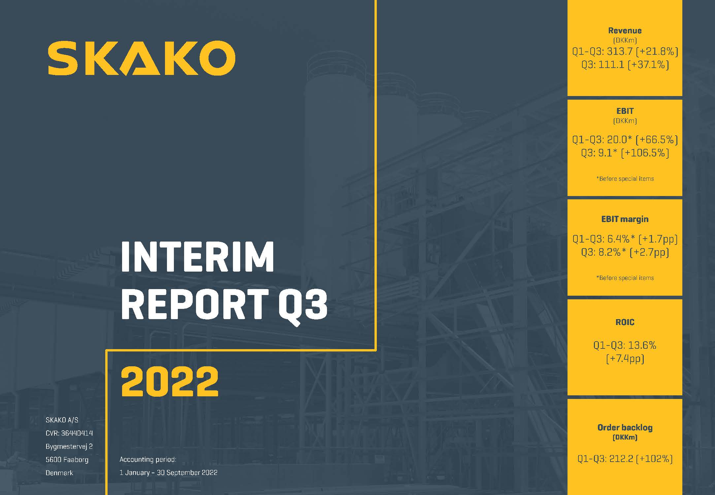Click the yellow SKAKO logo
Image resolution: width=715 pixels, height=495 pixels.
pos(141,58)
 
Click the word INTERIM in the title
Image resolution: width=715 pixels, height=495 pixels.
pos(197,256)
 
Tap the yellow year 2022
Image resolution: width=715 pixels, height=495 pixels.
pos(170,381)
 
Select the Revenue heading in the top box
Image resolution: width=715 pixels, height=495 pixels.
pos(625,31)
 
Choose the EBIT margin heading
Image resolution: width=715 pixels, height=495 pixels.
pos(625,219)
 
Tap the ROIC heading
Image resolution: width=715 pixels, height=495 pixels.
pos(625,322)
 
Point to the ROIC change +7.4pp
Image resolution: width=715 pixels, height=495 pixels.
pos(625,359)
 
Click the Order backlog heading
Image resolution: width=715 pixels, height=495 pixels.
pos(625,428)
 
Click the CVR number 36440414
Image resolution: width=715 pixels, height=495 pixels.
pos(77,433)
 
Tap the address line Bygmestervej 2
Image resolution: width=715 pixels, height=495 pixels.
pos(69,446)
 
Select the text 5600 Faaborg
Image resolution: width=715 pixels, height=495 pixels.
pos(67,460)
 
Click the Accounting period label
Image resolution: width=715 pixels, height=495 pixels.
pos(148,459)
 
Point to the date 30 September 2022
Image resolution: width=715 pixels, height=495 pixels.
pos(187,473)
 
